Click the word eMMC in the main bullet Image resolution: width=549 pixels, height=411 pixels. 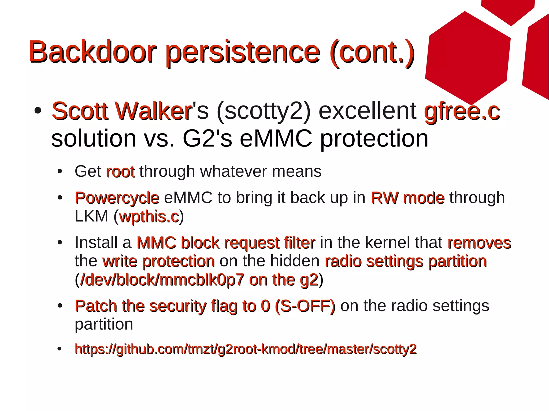coord(276,138)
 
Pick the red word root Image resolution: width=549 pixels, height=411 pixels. coord(120,172)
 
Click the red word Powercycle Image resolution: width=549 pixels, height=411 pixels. coord(117,198)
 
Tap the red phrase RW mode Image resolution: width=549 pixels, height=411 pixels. coord(407,198)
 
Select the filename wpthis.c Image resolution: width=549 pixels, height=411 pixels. coord(149,216)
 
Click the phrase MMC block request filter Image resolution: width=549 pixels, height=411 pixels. coord(226,243)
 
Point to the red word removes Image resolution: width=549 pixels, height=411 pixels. coord(479,243)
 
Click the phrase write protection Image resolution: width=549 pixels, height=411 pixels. coord(158,261)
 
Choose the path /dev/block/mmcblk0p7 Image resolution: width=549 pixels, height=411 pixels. coord(162,280)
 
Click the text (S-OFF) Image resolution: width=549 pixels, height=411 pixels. coord(305,306)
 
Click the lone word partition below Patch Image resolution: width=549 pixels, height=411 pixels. coord(104,324)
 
